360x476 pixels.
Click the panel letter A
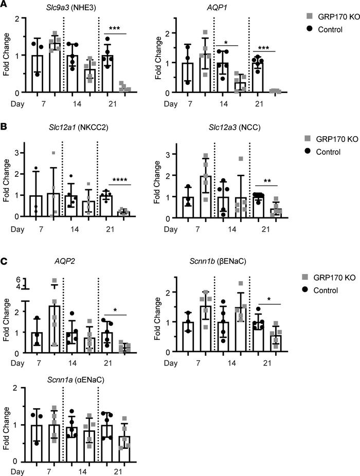[4, 4]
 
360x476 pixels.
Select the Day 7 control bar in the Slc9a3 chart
[37, 74]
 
